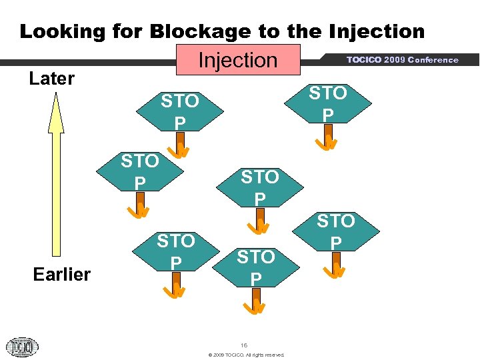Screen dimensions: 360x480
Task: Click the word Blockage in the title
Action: [x=204, y=31]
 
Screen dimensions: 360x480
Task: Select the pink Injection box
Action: [x=238, y=60]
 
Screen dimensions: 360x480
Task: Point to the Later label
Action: [x=52, y=79]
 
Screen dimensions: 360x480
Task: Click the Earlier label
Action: [x=62, y=274]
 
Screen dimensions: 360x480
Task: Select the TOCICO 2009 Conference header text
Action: [x=402, y=60]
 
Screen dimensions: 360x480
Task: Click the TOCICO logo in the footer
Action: [x=23, y=347]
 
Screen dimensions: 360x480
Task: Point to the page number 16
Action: [x=244, y=345]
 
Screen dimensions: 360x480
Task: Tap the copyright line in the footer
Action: [x=246, y=355]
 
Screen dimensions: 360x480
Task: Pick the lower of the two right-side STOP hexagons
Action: [x=336, y=231]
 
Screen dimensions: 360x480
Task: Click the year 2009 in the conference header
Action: [x=395, y=60]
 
